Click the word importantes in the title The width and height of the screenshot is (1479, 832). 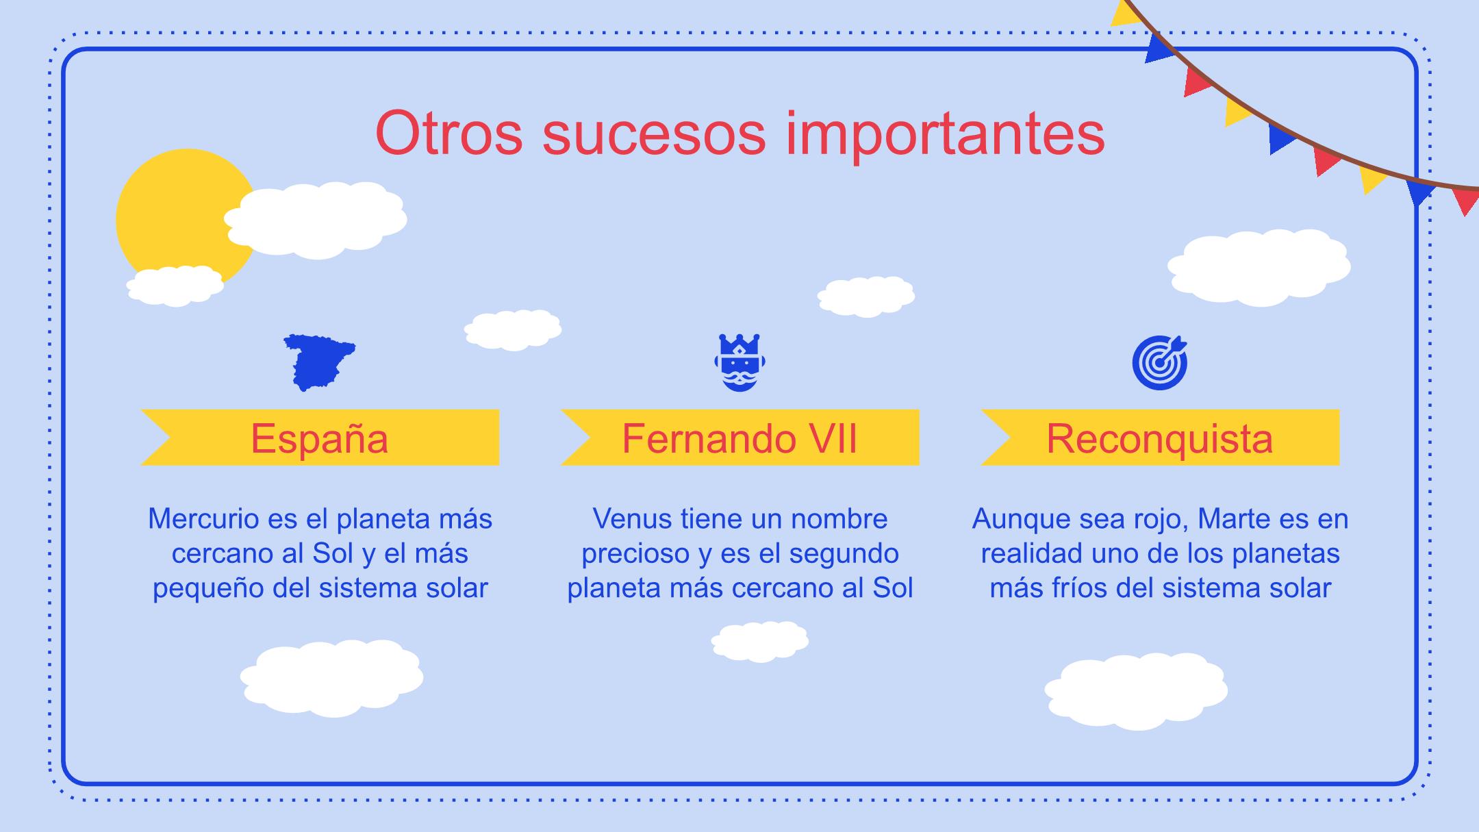[946, 136]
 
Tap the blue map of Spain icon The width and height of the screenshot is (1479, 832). [320, 362]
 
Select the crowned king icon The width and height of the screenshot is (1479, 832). [739, 363]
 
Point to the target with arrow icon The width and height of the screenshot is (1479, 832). [1160, 362]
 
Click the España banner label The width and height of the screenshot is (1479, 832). [320, 438]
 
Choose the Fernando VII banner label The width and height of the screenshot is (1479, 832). [739, 438]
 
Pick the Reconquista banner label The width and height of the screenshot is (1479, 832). [1160, 438]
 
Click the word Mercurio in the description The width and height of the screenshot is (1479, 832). [203, 519]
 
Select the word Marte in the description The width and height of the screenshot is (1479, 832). [1232, 519]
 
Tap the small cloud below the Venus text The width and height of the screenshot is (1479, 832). [760, 642]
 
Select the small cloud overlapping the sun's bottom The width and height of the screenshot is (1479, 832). [175, 286]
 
